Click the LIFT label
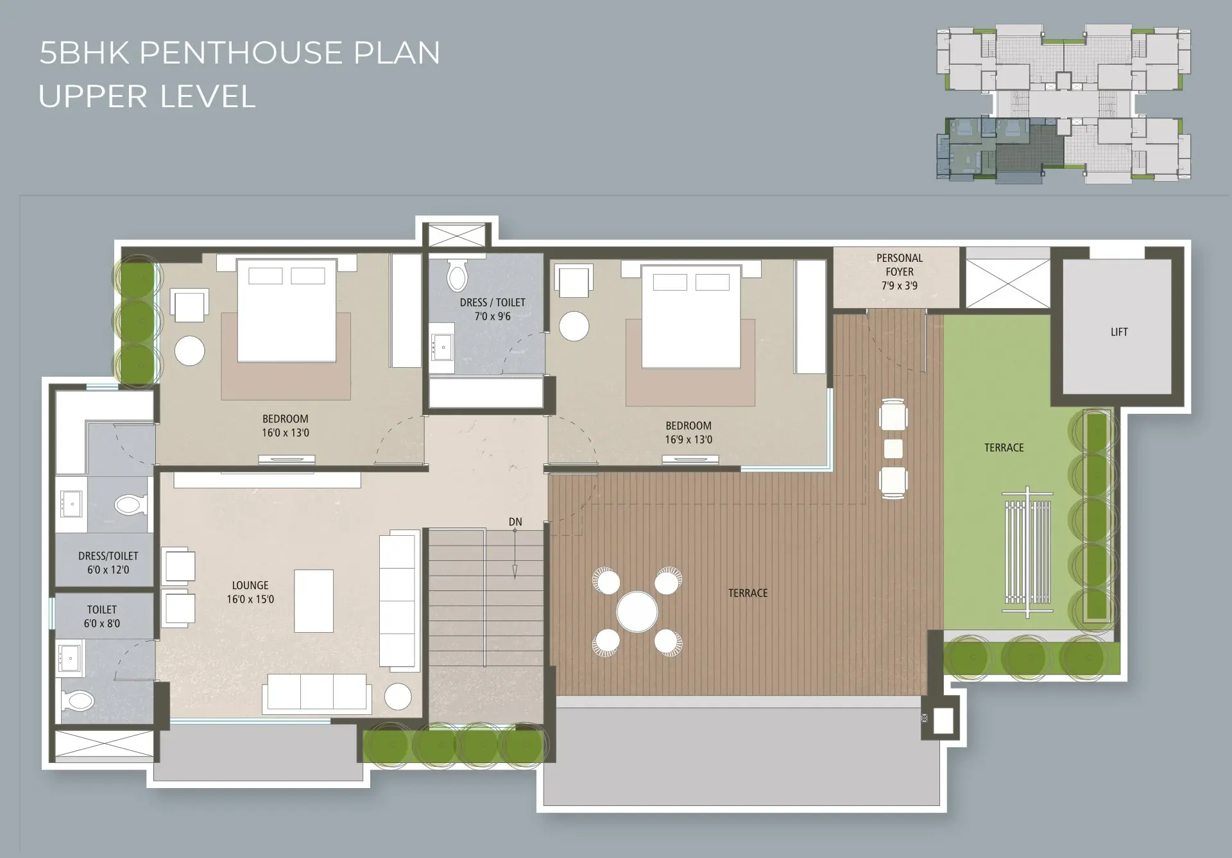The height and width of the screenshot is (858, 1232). point(1119,332)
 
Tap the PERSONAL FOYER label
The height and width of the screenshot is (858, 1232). point(900,264)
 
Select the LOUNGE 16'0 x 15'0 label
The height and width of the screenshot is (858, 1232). point(250,592)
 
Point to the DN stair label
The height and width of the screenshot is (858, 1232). point(515,522)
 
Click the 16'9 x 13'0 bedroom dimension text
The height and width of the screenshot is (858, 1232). point(689,440)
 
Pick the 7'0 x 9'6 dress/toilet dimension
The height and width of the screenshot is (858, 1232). point(493,316)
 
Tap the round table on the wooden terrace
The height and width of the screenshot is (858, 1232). point(637,612)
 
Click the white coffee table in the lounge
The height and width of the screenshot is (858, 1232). point(314,601)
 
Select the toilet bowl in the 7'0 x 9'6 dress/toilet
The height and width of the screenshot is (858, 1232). point(457,275)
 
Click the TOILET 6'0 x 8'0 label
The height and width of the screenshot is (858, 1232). point(102,616)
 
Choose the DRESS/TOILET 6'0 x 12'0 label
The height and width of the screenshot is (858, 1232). point(108,563)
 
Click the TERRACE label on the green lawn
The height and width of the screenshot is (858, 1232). point(1004,447)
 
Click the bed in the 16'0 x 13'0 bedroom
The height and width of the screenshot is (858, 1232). point(287,310)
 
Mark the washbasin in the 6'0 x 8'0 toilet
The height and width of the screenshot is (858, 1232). point(69,658)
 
